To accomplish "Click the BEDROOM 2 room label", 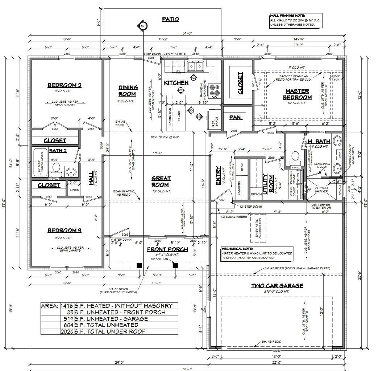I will coord(64,85).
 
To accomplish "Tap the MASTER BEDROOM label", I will coord(297,94).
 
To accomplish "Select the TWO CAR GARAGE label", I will coord(277,286).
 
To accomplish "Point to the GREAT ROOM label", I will coord(161,181).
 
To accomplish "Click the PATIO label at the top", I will coord(170,19).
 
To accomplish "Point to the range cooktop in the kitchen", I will coord(216,91).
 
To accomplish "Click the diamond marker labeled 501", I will coord(143,26).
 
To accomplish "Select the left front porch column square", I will coord(138,265).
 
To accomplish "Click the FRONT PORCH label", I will coord(167,249).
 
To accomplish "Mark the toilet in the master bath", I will coord(295,156).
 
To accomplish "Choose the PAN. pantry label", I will coord(236,118).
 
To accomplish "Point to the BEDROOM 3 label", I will coord(64,230).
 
